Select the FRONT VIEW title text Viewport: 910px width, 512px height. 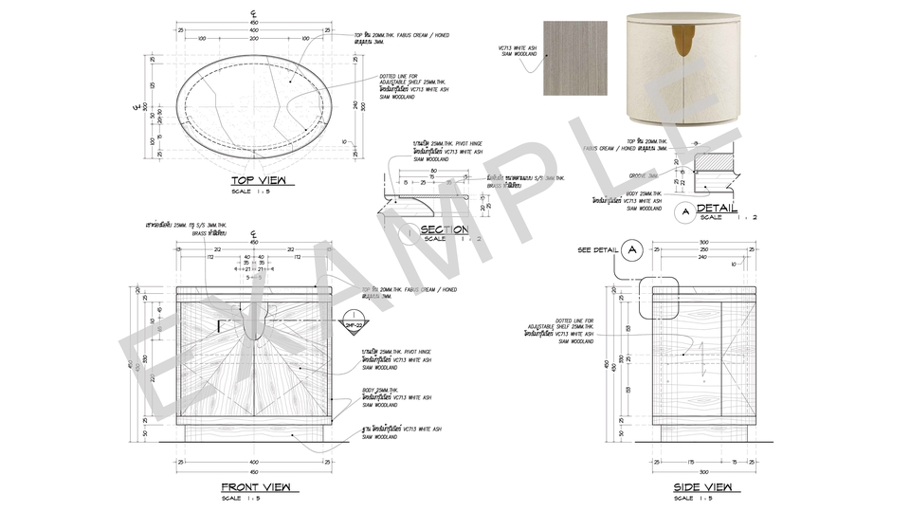[253, 487]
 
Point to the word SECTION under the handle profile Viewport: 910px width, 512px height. [444, 229]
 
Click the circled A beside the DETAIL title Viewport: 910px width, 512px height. [684, 210]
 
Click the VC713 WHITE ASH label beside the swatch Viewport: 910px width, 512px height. [519, 49]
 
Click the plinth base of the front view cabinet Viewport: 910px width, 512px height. [254, 432]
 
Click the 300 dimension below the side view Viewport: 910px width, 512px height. [703, 471]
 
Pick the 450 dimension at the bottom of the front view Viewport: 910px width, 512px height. [254, 471]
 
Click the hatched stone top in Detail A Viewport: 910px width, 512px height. [717, 162]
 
